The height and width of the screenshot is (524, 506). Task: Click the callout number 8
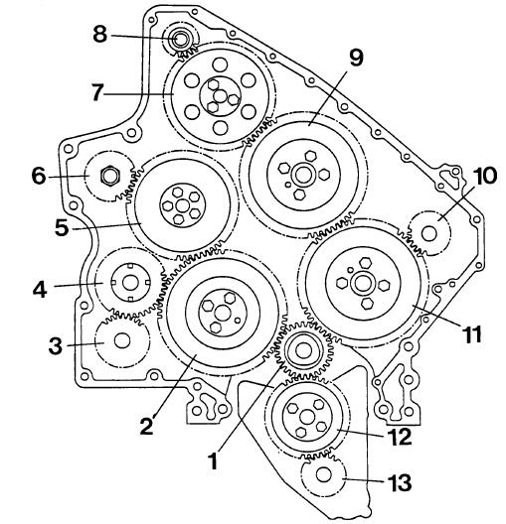100,34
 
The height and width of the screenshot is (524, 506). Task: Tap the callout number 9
356,58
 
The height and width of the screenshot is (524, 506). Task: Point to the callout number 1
213,460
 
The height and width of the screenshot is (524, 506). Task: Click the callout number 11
472,334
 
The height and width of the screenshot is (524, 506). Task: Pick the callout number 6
39,176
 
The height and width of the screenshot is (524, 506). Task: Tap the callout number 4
40,290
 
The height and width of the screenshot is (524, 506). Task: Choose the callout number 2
146,426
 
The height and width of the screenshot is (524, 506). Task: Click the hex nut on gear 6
110,176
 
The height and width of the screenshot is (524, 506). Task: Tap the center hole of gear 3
122,340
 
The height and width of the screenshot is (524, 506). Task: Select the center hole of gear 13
324,474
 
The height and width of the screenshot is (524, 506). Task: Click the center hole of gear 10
429,233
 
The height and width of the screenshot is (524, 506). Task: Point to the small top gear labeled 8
181,40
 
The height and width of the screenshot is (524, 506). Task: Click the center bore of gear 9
303,175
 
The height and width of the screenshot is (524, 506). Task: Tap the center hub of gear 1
303,350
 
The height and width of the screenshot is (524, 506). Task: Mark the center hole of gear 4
130,283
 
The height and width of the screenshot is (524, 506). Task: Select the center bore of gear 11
362,284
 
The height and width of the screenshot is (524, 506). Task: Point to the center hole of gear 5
182,205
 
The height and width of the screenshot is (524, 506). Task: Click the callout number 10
485,176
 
